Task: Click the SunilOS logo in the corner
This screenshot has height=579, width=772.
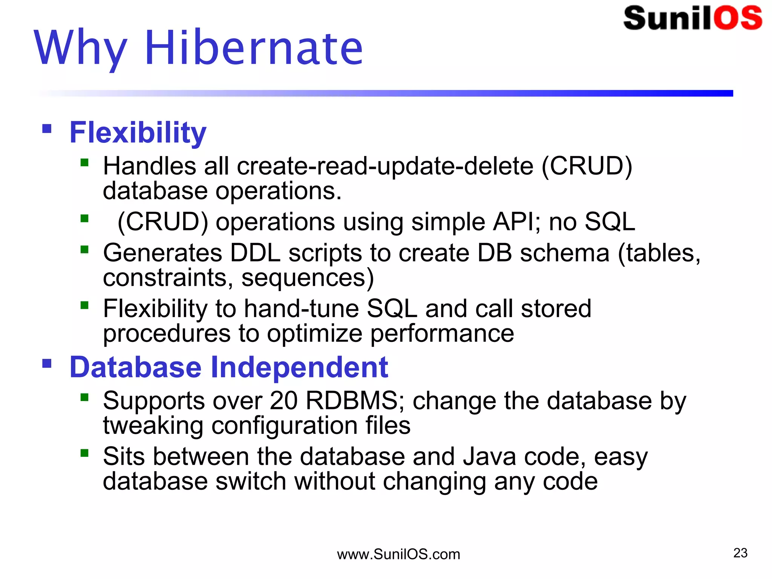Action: [692, 18]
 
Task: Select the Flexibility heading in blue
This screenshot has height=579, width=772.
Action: [138, 133]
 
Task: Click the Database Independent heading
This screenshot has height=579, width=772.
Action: [229, 367]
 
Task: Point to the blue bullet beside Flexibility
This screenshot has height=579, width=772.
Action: [47, 129]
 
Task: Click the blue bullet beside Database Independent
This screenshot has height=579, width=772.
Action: [47, 363]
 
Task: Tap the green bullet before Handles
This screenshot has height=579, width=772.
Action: [84, 163]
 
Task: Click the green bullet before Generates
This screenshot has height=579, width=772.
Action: [84, 250]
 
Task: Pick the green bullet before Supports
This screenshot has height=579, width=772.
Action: [84, 397]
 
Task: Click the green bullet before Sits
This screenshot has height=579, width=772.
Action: [84, 453]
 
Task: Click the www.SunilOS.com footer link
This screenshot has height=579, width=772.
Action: [398, 554]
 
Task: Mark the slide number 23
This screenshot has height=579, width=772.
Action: [740, 553]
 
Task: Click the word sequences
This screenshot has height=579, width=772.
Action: [307, 278]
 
